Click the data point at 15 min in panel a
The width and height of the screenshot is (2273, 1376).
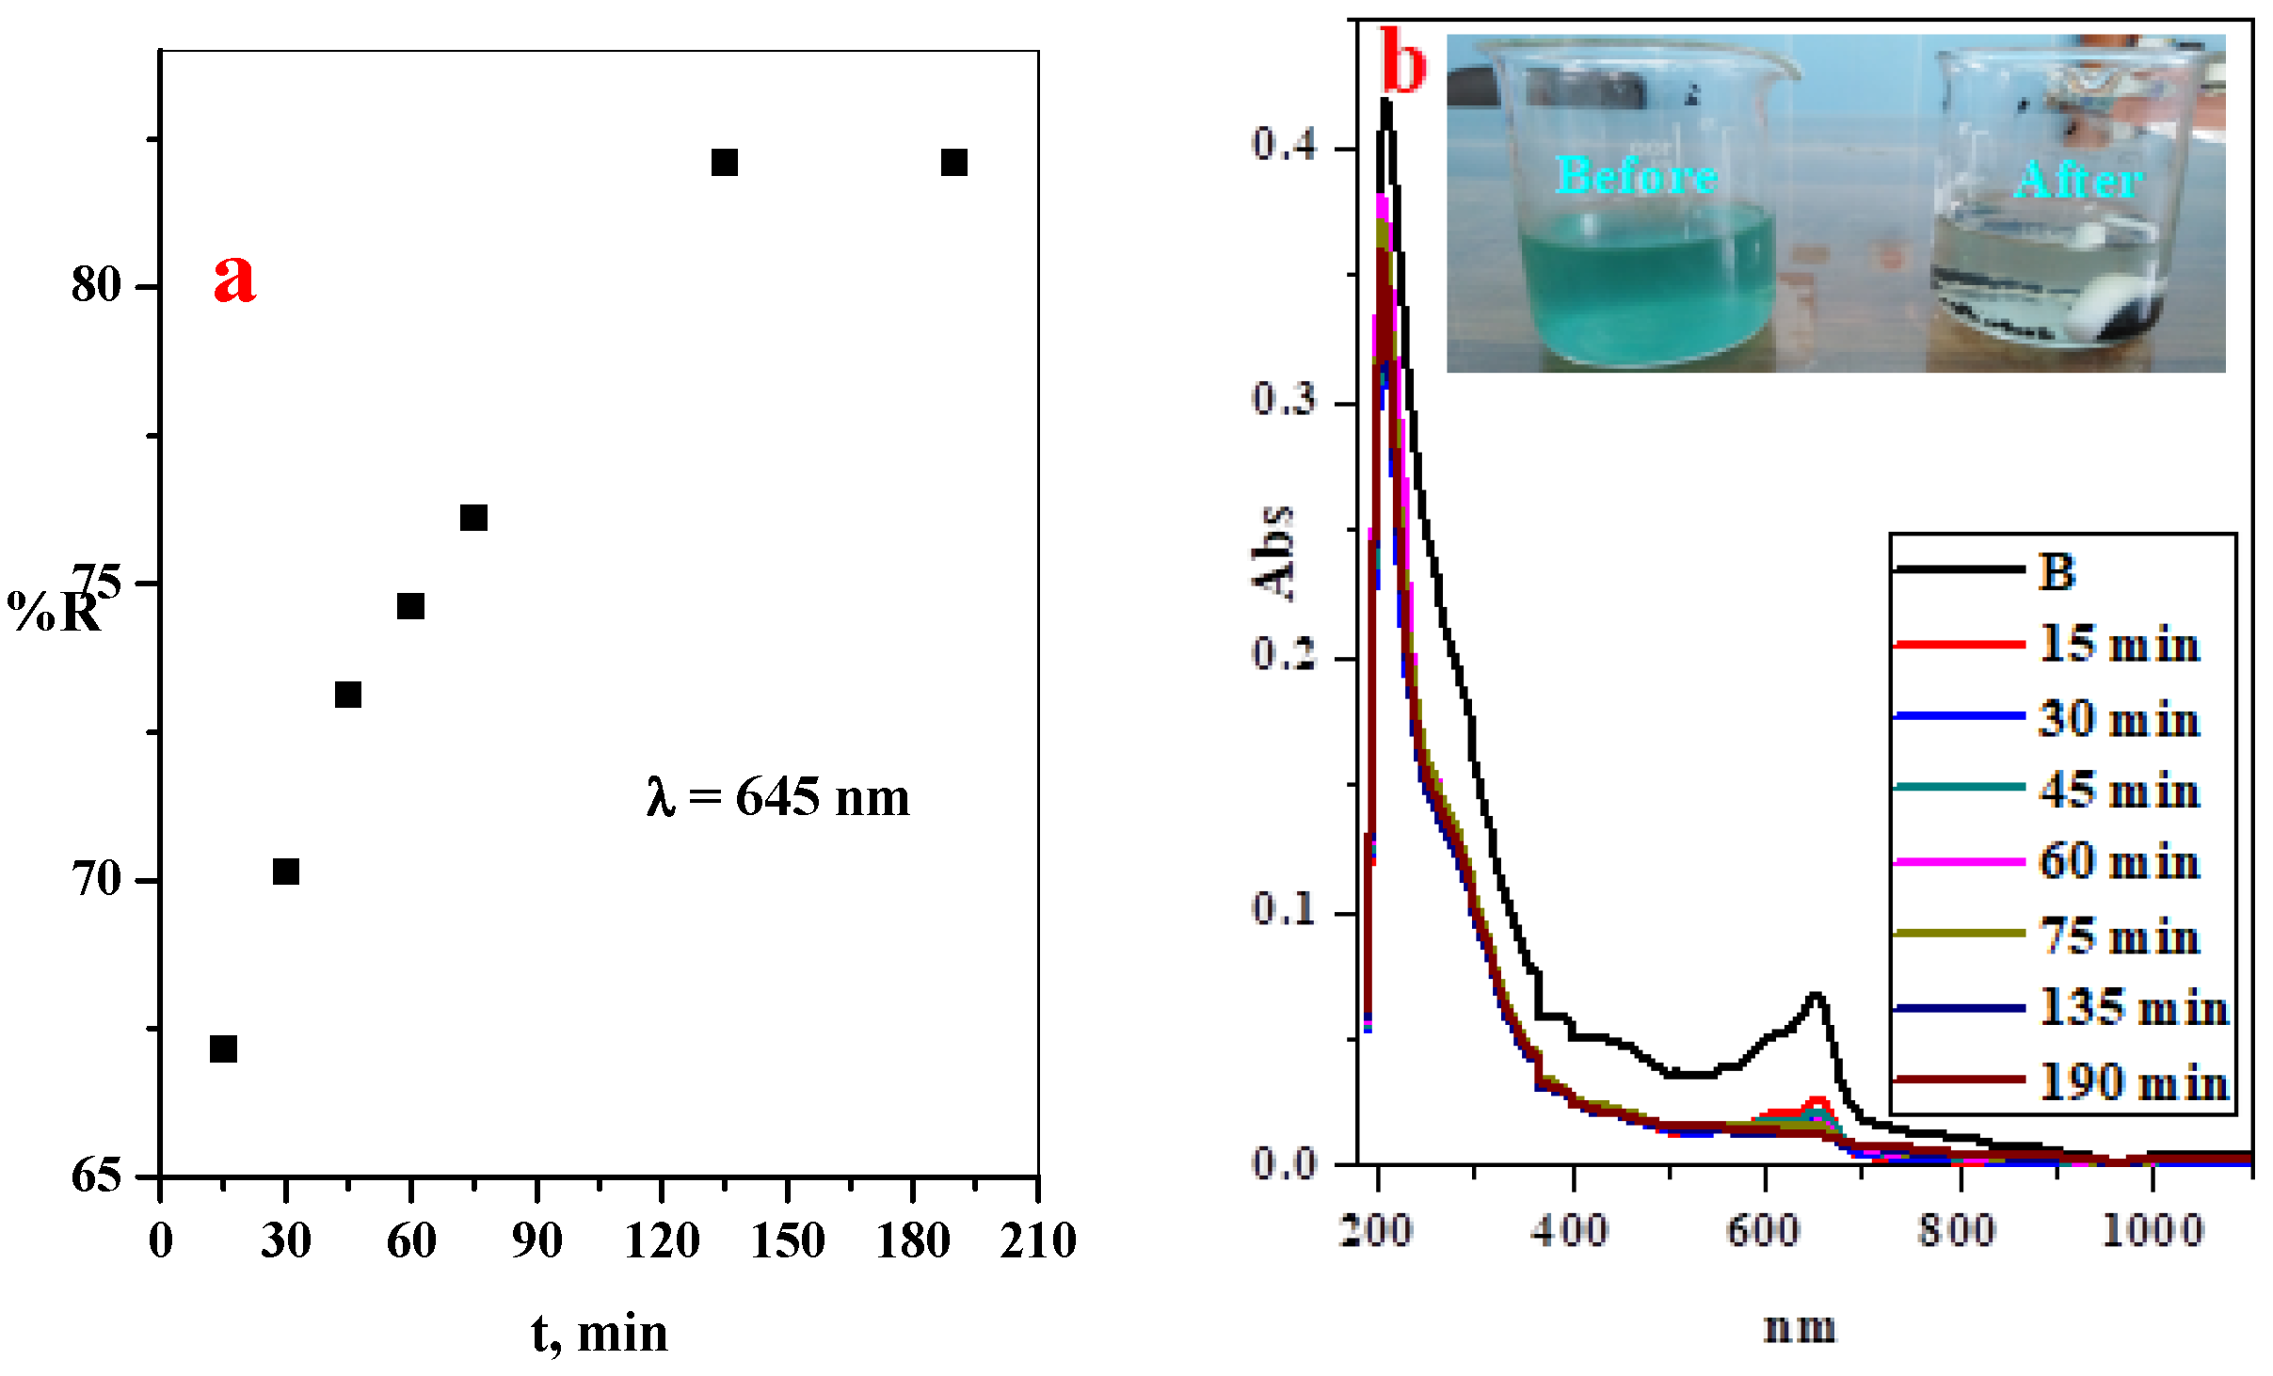pos(223,1048)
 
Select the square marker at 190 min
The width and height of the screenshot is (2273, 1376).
pos(953,163)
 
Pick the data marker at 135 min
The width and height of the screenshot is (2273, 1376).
pos(724,163)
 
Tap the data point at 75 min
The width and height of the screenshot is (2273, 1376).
pos(473,518)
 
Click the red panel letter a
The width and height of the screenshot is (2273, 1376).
pos(234,279)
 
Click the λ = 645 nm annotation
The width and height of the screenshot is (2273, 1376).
pos(778,798)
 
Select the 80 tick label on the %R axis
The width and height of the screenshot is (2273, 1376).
pos(96,284)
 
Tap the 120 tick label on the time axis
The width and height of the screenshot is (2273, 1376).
pos(662,1240)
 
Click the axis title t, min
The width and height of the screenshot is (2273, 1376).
pos(600,1334)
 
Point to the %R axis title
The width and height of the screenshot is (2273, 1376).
pos(53,612)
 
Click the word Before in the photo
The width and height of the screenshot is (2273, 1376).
pos(1636,176)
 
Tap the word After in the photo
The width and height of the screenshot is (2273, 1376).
pos(2078,180)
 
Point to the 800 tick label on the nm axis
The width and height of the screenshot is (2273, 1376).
pos(1957,1230)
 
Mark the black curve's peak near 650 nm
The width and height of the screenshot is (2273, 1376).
pos(1816,996)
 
